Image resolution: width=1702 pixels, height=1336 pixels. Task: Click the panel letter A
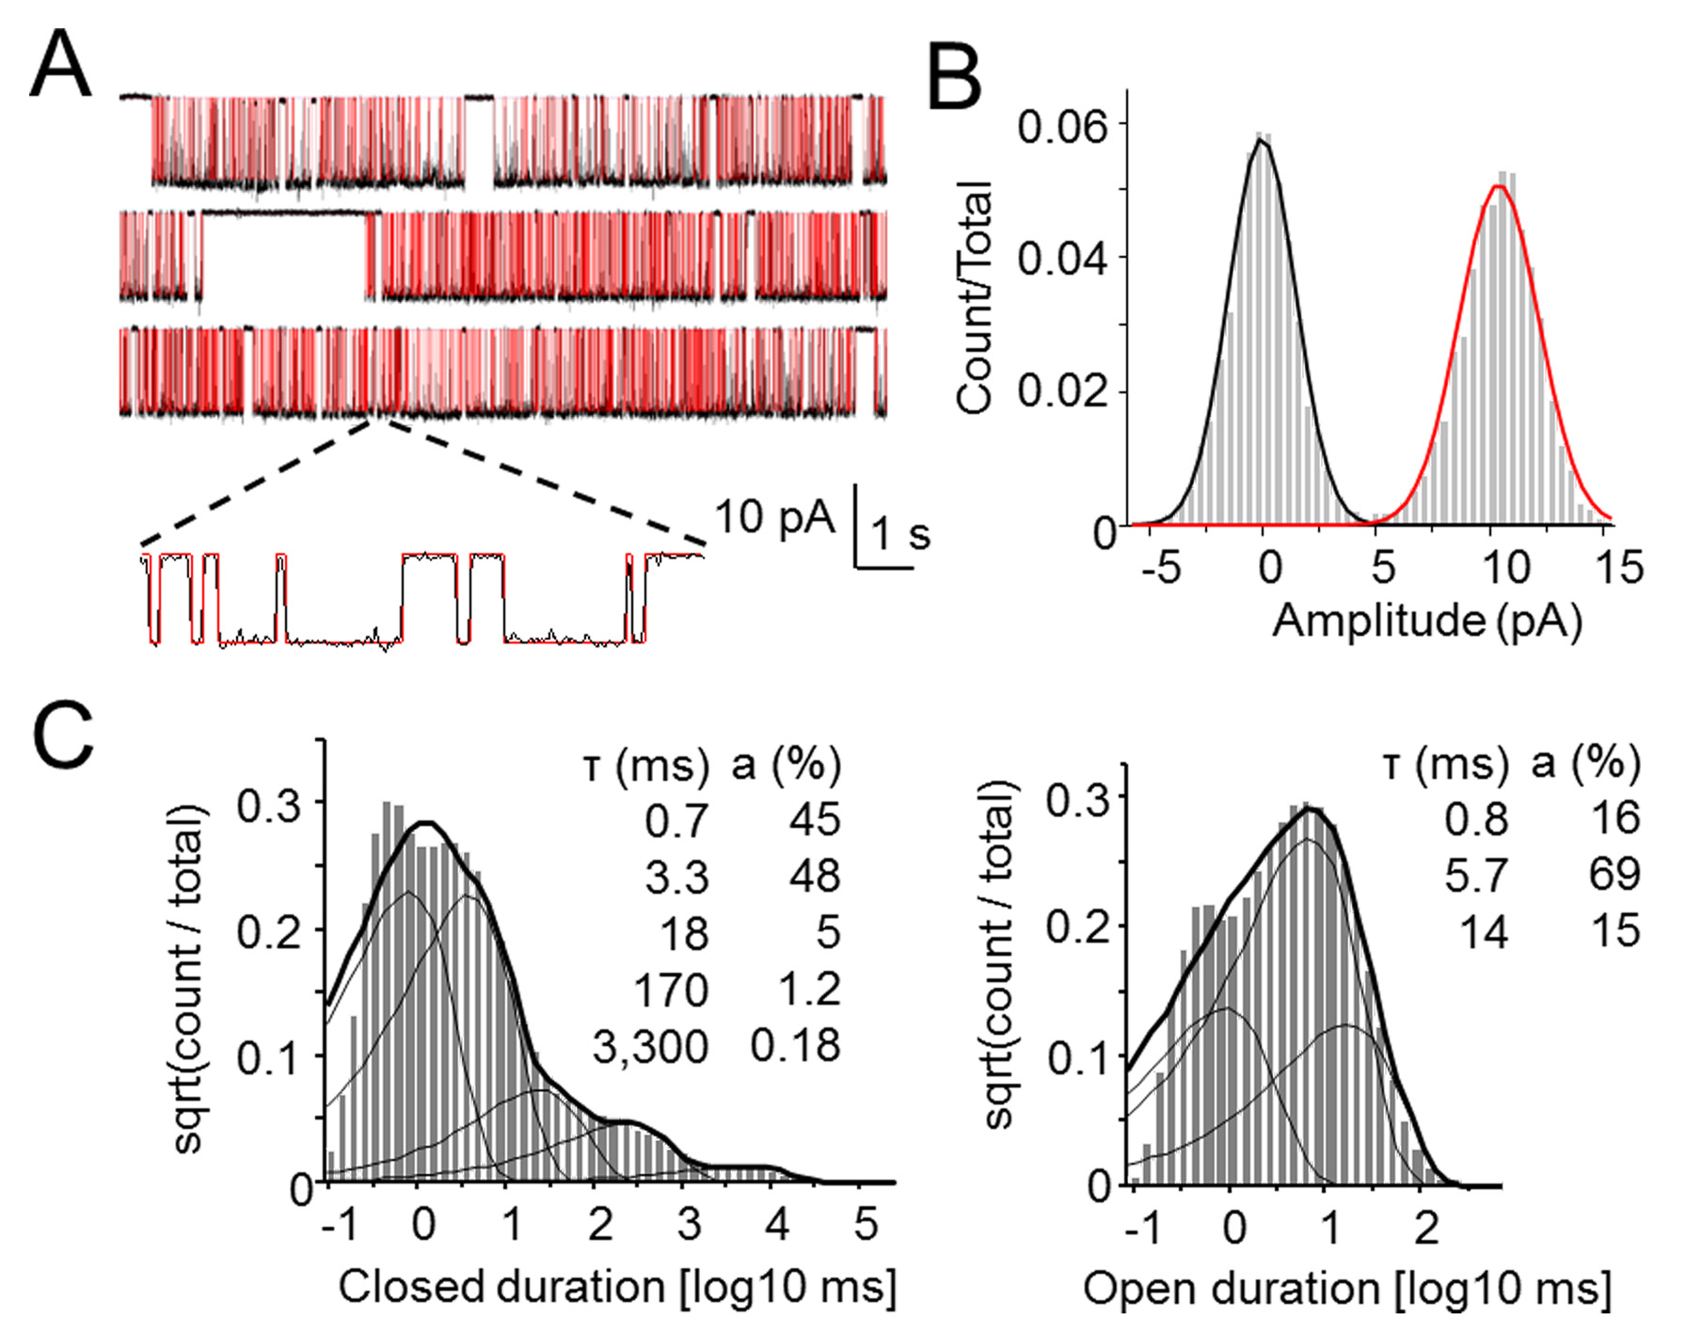(x=61, y=64)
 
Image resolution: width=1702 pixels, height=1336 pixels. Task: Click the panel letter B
(x=954, y=80)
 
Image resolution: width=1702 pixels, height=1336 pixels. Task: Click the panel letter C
(x=63, y=735)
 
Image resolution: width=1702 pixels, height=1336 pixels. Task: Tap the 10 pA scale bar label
(x=773, y=517)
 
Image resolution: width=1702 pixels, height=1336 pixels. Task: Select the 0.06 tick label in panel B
(x=1063, y=126)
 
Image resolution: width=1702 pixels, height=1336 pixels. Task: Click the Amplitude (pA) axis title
(x=1426, y=621)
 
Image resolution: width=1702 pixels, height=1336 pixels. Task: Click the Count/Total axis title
(x=975, y=297)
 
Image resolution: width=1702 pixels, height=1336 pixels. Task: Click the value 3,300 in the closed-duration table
(x=650, y=1047)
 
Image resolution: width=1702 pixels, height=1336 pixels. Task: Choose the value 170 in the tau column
(x=670, y=991)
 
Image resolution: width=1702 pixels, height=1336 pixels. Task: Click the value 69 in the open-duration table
(x=1615, y=875)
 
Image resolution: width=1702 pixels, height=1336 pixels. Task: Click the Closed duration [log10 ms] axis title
(x=617, y=1287)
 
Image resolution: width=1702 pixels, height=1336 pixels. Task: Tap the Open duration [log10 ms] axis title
(x=1347, y=1289)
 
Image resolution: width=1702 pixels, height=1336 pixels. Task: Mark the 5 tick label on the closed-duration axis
(x=866, y=1225)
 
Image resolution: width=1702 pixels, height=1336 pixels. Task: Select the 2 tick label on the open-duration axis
(x=1426, y=1228)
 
